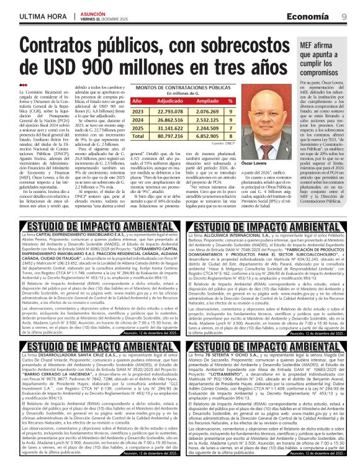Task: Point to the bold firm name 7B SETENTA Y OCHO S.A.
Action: [x=229, y=354]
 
